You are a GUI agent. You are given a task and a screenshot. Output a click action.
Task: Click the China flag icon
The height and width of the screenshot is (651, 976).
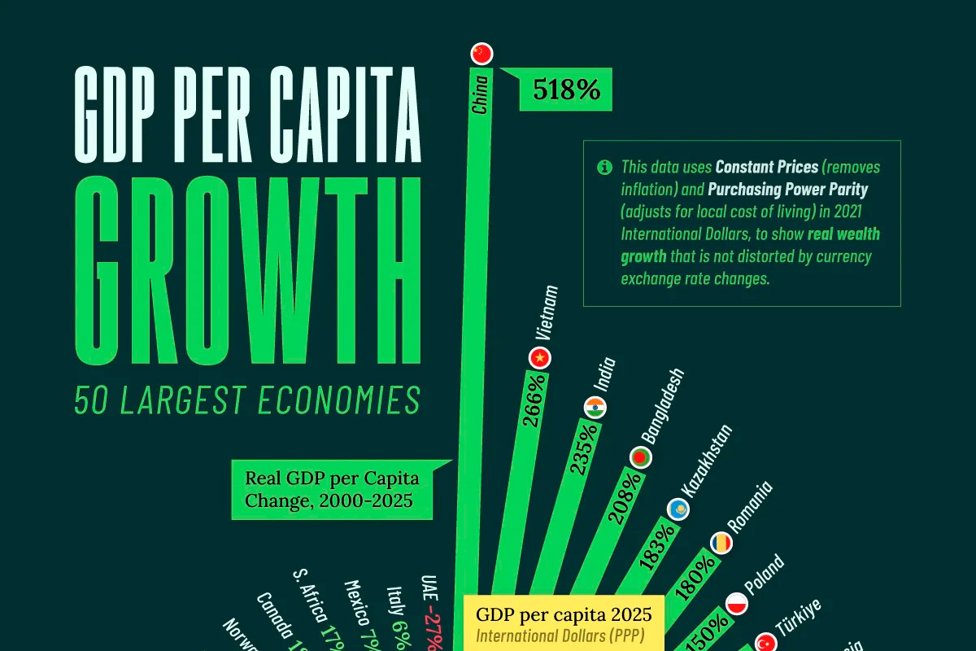click(482, 54)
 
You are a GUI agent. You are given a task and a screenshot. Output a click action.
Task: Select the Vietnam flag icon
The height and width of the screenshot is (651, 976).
click(539, 357)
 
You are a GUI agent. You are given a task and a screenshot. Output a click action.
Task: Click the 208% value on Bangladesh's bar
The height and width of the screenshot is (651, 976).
click(630, 497)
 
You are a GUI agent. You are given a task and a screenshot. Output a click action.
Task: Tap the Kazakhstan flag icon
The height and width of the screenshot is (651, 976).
click(680, 509)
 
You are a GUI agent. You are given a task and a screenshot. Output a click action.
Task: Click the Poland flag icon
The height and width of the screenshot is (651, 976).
click(736, 605)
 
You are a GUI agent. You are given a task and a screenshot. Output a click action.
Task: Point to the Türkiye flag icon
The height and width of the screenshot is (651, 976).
click(766, 643)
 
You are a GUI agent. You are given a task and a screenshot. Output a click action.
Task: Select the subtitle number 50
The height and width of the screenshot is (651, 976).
click(93, 400)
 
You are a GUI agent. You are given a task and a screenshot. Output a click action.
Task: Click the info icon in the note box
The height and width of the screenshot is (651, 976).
click(604, 168)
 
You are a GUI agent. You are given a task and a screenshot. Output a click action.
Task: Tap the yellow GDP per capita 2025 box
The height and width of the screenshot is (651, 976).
click(563, 623)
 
